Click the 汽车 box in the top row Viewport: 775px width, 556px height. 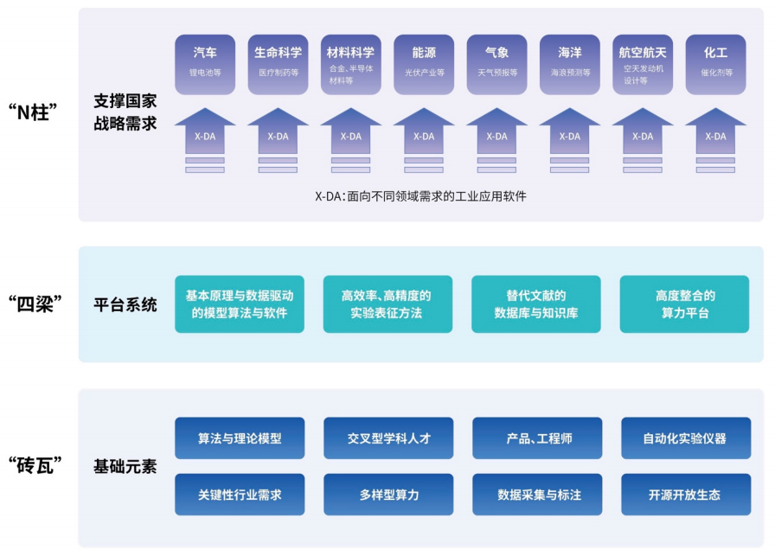coord(205,61)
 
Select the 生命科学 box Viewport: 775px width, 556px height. coord(278,61)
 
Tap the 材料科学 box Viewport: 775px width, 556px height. coord(350,61)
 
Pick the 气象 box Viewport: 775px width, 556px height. coord(496,61)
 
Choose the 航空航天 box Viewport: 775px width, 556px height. coord(642,61)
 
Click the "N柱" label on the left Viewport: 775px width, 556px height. coord(38,113)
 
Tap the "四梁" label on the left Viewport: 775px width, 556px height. coord(38,304)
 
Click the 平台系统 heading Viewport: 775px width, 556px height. coord(125,304)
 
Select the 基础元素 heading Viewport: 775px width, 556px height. coord(125,467)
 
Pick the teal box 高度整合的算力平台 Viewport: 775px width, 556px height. coord(684,304)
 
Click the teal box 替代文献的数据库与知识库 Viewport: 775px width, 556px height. coord(535,304)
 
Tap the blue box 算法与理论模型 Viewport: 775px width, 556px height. coord(240,438)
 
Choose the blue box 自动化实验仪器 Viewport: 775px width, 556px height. coord(684,438)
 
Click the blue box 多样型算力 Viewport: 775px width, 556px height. coord(388,495)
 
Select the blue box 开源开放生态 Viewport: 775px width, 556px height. coord(684,495)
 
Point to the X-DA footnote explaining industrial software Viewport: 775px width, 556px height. coord(420,196)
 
